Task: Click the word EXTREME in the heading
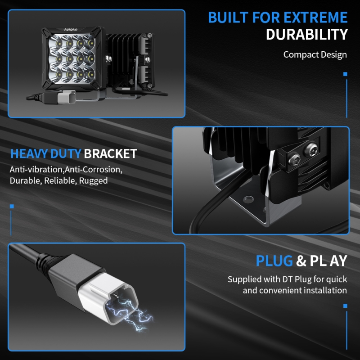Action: click(x=315, y=18)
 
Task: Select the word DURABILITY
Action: click(x=307, y=35)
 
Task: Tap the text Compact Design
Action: click(x=315, y=54)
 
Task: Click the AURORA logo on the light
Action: click(x=71, y=30)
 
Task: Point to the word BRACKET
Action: click(x=110, y=153)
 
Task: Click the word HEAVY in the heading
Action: click(x=29, y=153)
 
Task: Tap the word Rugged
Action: click(x=93, y=181)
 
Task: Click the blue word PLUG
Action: click(x=274, y=261)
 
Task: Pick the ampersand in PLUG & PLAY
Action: click(x=301, y=261)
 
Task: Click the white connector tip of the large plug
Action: click(x=108, y=298)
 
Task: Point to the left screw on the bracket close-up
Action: click(x=294, y=158)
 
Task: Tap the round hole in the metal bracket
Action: click(x=248, y=199)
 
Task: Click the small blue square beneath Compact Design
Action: click(x=345, y=74)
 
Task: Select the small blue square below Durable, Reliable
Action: click(x=12, y=206)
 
